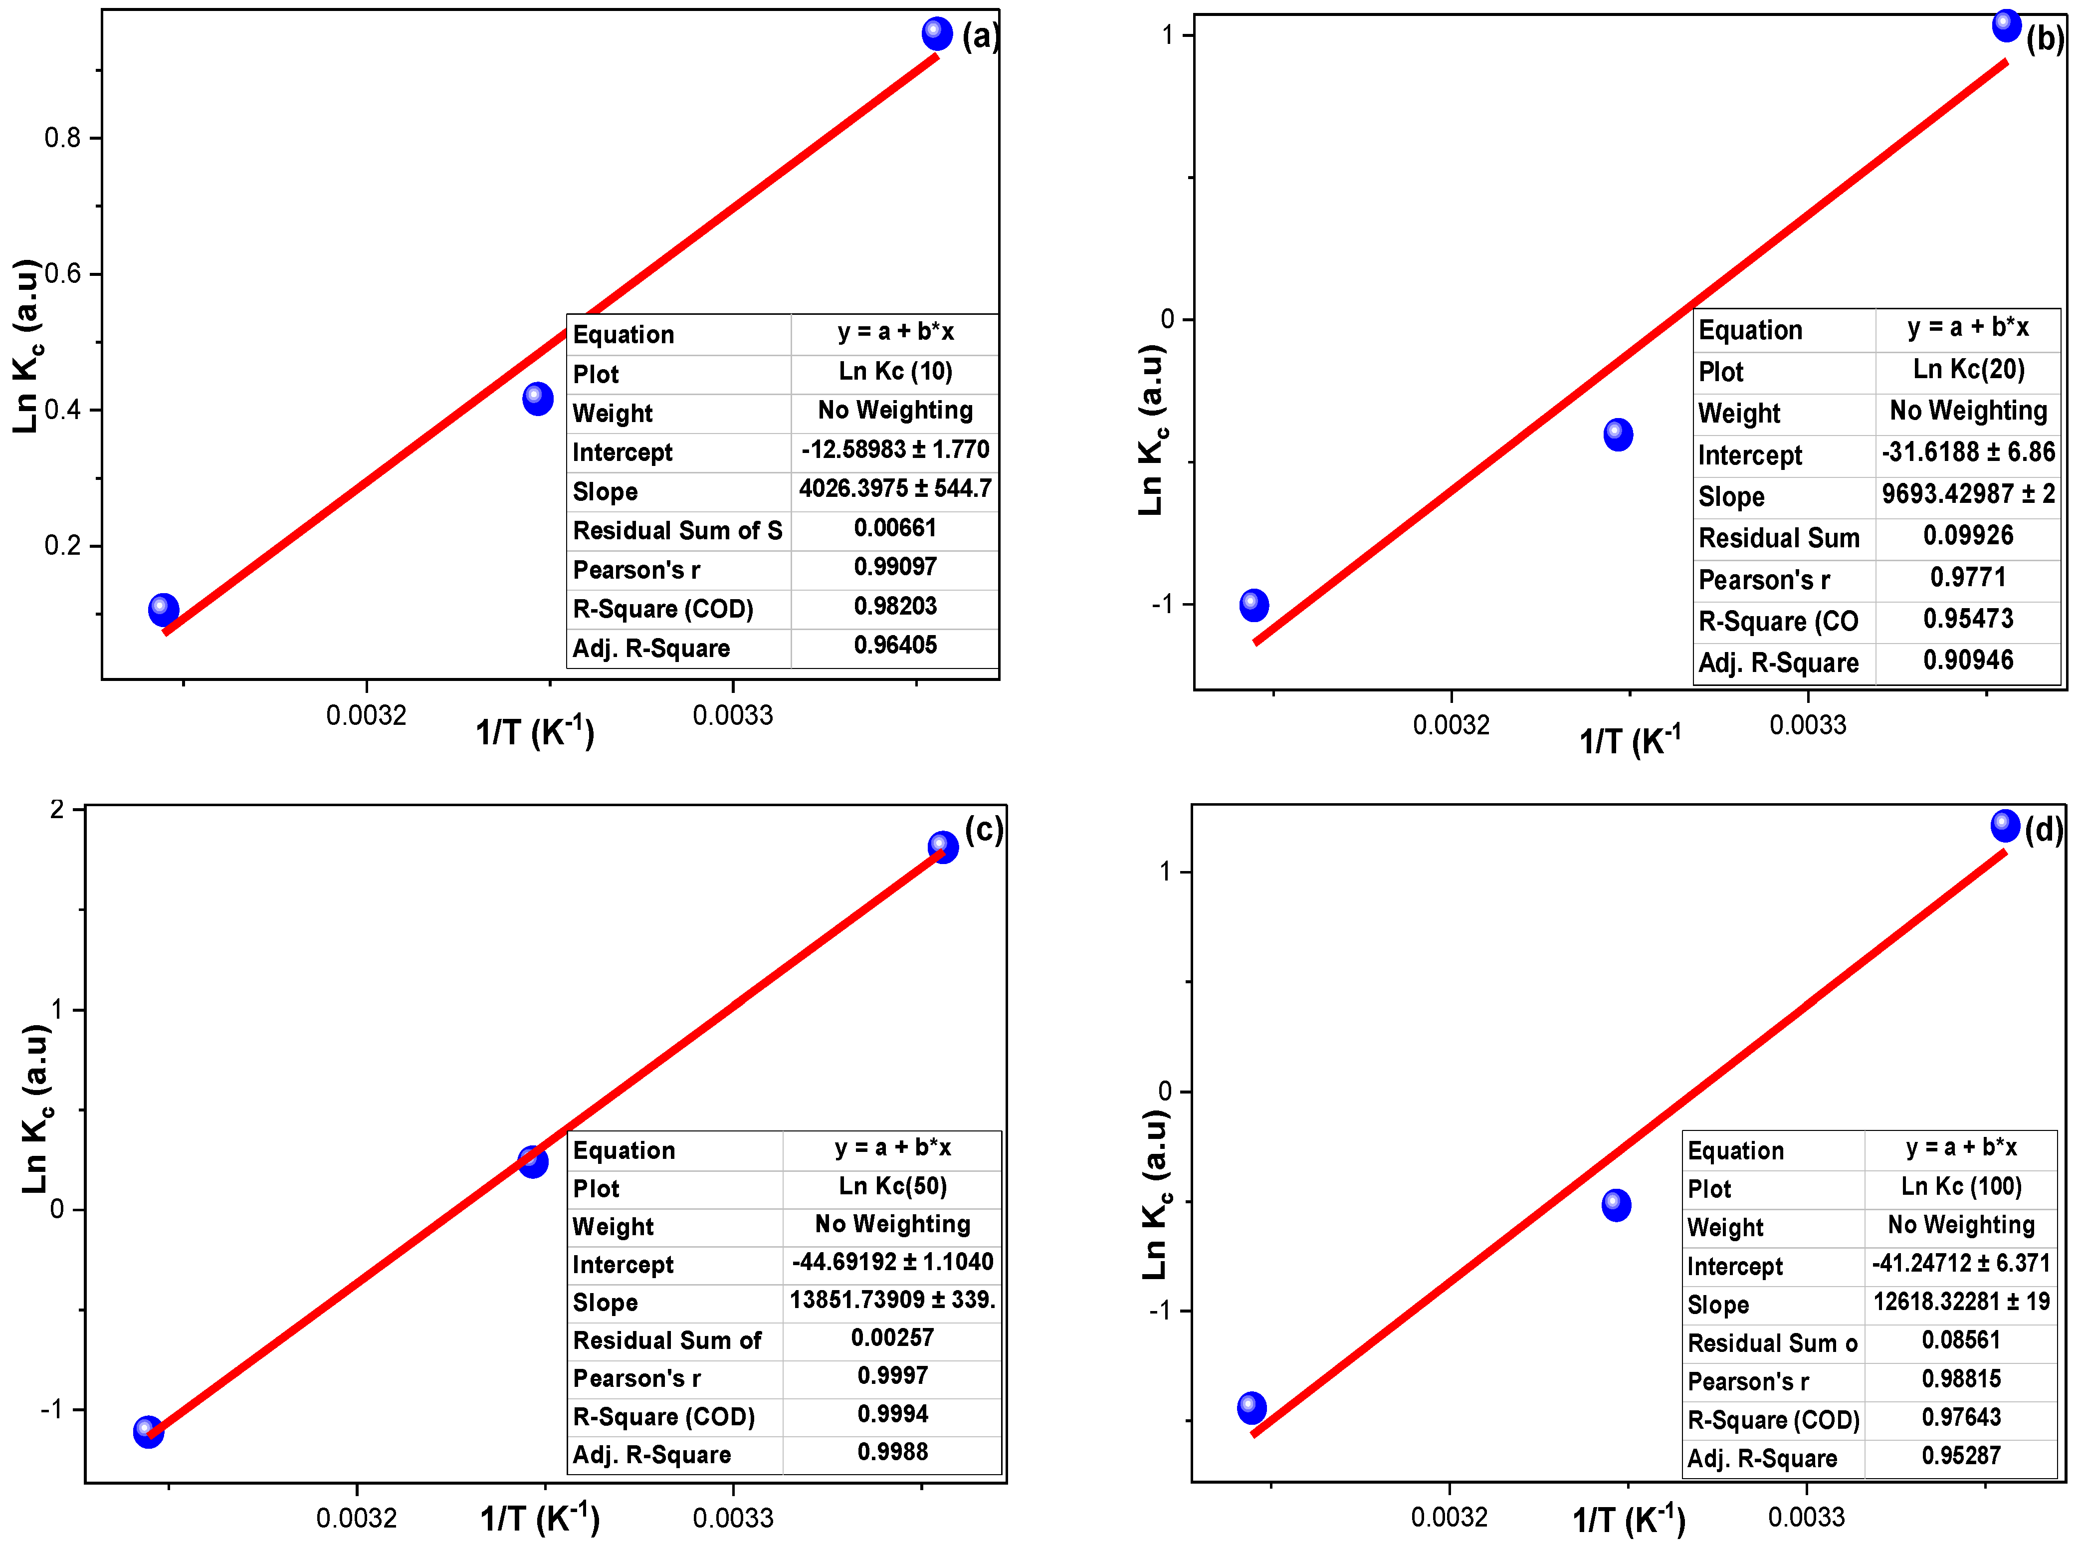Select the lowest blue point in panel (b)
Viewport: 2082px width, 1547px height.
[x=1253, y=605]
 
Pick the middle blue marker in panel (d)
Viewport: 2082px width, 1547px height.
[x=1616, y=1205]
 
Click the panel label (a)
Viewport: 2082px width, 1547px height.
[x=980, y=36]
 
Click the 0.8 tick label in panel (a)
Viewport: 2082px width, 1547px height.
[x=63, y=139]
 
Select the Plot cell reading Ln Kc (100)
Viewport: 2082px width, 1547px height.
[x=1960, y=1186]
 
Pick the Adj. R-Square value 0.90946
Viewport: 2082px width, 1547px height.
[x=1968, y=660]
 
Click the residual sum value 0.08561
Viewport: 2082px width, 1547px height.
[x=1960, y=1340]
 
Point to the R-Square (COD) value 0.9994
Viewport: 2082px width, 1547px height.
[x=892, y=1414]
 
